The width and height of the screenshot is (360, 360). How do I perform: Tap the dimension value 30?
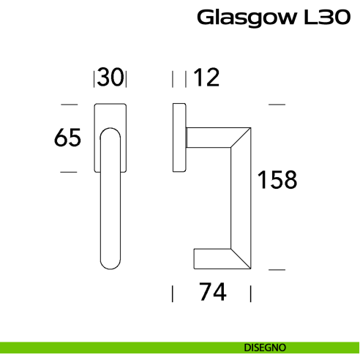110,77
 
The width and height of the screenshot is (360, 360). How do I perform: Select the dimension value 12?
208,77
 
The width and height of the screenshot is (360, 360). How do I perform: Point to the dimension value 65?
67,138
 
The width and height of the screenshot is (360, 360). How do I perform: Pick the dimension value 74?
211,293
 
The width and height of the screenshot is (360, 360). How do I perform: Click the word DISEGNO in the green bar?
266,346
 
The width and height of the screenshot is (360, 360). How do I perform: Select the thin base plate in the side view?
178,138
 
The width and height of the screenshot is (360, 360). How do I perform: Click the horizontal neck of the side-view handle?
209,138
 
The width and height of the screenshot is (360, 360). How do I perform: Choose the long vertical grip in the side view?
241,198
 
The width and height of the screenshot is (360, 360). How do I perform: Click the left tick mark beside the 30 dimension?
94,78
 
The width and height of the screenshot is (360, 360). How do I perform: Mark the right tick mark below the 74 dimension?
251,293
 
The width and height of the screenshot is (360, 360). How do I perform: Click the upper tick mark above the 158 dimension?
276,105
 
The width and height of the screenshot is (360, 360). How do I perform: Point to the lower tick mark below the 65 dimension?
68,172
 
